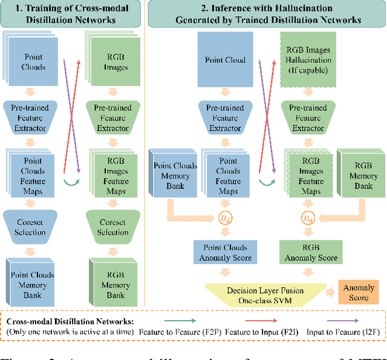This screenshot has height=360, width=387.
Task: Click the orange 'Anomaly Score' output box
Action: pos(359,292)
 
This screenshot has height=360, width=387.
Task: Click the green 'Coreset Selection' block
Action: pos(113,227)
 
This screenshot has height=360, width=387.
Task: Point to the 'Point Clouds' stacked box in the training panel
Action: pos(33,62)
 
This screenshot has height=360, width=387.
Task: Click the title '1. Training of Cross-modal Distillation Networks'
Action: pos(72,13)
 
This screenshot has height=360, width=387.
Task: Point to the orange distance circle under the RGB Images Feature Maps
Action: pos(309,216)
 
